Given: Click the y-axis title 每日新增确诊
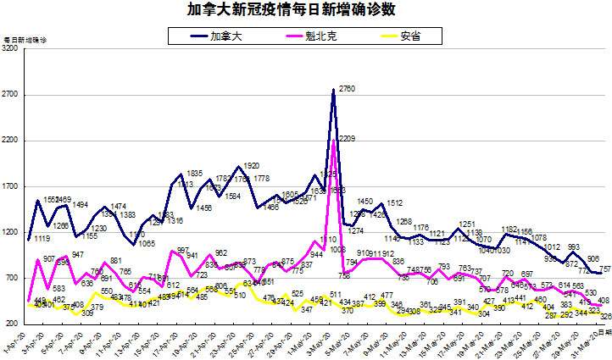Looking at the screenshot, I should (25, 40).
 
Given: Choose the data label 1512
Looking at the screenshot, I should (394, 203).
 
